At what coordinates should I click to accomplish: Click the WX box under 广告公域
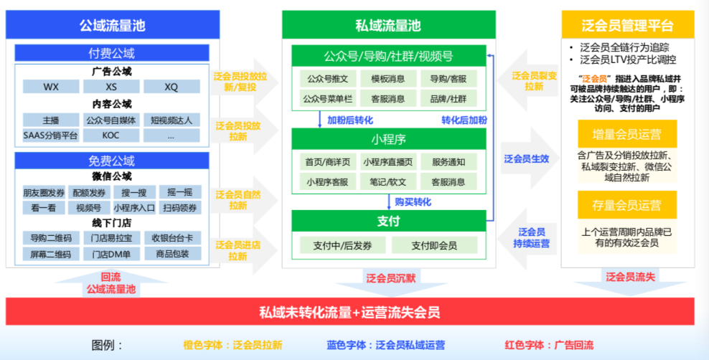[51, 87]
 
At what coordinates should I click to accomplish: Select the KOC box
[111, 135]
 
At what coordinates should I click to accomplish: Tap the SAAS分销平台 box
[51, 135]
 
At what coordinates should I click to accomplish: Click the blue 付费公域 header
[111, 53]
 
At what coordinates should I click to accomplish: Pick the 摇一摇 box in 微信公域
[179, 192]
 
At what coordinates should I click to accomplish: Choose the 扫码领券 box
[179, 208]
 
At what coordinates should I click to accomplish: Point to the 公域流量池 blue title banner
[111, 26]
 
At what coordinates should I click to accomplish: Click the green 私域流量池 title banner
[388, 26]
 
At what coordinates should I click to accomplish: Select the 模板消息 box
[388, 79]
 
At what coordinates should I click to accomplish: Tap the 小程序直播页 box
[388, 162]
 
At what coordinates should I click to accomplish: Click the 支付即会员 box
[433, 245]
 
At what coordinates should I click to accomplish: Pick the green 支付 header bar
[388, 221]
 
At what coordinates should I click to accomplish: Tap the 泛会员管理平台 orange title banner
[628, 26]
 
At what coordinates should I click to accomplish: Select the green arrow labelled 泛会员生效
[527, 158]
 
